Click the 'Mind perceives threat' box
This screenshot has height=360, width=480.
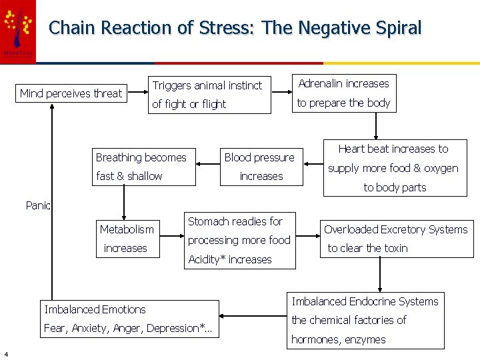71,93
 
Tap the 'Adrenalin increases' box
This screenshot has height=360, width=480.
343,93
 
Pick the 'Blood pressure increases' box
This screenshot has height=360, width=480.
260,167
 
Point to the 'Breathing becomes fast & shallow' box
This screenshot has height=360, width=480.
144,167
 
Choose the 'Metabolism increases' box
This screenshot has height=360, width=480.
127,239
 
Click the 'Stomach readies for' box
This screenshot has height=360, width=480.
239,240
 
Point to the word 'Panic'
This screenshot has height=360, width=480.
38,205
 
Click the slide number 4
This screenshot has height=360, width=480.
5,353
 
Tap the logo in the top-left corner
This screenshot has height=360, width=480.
18,31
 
